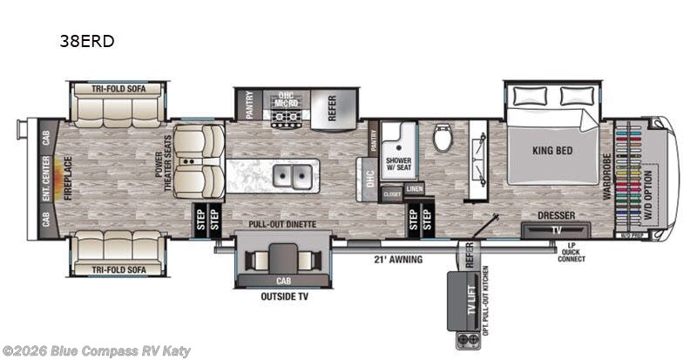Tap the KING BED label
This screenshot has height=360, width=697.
pos(552,150)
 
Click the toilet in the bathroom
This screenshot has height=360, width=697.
pos(442,136)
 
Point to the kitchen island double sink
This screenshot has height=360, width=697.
pos(293,177)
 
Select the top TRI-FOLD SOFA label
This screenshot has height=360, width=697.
pos(117,88)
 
